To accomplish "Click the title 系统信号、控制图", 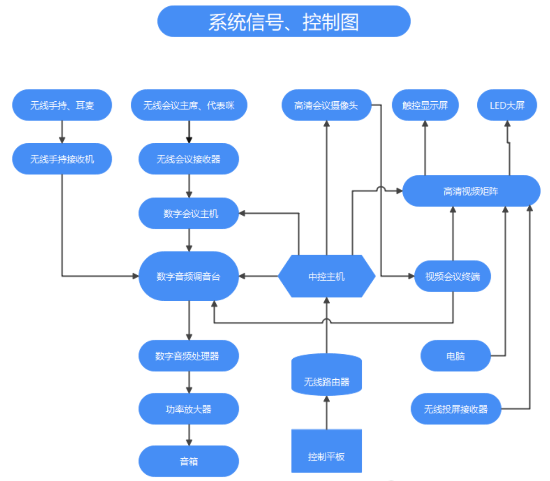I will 284,21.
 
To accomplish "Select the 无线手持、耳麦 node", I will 62,105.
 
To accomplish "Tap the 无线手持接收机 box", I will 62,159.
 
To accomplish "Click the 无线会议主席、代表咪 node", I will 189,105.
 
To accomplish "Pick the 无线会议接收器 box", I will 189,159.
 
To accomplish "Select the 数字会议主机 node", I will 189,213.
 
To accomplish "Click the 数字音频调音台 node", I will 189,276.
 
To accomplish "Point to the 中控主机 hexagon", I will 327,276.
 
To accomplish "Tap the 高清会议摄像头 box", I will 327,105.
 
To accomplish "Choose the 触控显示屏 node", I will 425,105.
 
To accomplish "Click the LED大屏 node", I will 507,105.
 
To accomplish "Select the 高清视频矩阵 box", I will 471,191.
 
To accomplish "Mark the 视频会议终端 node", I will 453,276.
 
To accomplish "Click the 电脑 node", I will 455,356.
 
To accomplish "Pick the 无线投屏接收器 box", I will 456,409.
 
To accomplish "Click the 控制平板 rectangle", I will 327,451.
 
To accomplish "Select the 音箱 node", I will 189,461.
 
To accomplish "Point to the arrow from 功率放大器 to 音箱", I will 189,435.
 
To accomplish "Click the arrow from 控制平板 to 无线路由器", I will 327,412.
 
